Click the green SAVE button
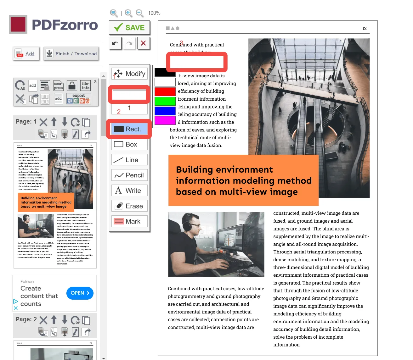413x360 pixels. click(x=129, y=28)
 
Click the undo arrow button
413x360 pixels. click(x=115, y=43)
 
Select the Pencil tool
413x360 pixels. click(x=129, y=175)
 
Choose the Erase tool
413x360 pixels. click(x=129, y=206)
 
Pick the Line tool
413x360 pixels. click(x=129, y=160)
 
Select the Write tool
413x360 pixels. click(x=129, y=191)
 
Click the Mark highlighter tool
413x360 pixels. click(x=129, y=221)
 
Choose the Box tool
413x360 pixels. click(x=129, y=144)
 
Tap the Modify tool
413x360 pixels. click(x=129, y=74)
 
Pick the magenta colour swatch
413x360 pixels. click(x=165, y=120)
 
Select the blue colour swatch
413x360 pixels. click(x=165, y=111)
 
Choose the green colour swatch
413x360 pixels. click(x=165, y=101)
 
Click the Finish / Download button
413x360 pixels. click(x=71, y=54)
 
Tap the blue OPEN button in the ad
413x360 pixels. click(x=80, y=293)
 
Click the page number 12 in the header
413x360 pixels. click(x=364, y=29)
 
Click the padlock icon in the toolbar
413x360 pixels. click(x=72, y=85)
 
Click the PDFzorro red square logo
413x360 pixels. click(x=18, y=25)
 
